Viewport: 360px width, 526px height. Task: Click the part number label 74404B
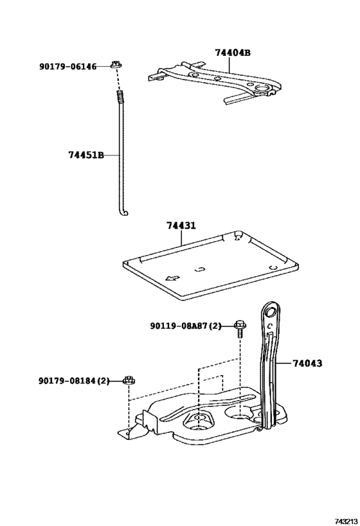tap(233, 53)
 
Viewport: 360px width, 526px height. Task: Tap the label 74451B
tap(85, 155)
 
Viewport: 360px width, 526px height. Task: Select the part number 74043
tap(307, 363)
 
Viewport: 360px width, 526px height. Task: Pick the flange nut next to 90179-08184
tap(129, 381)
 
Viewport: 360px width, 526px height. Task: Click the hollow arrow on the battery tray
tap(172, 277)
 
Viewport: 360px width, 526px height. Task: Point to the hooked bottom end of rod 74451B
tap(125, 213)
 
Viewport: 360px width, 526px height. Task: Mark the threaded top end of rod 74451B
tap(120, 97)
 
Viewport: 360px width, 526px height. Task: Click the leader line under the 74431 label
tap(181, 239)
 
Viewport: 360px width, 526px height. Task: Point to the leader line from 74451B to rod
tap(112, 155)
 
